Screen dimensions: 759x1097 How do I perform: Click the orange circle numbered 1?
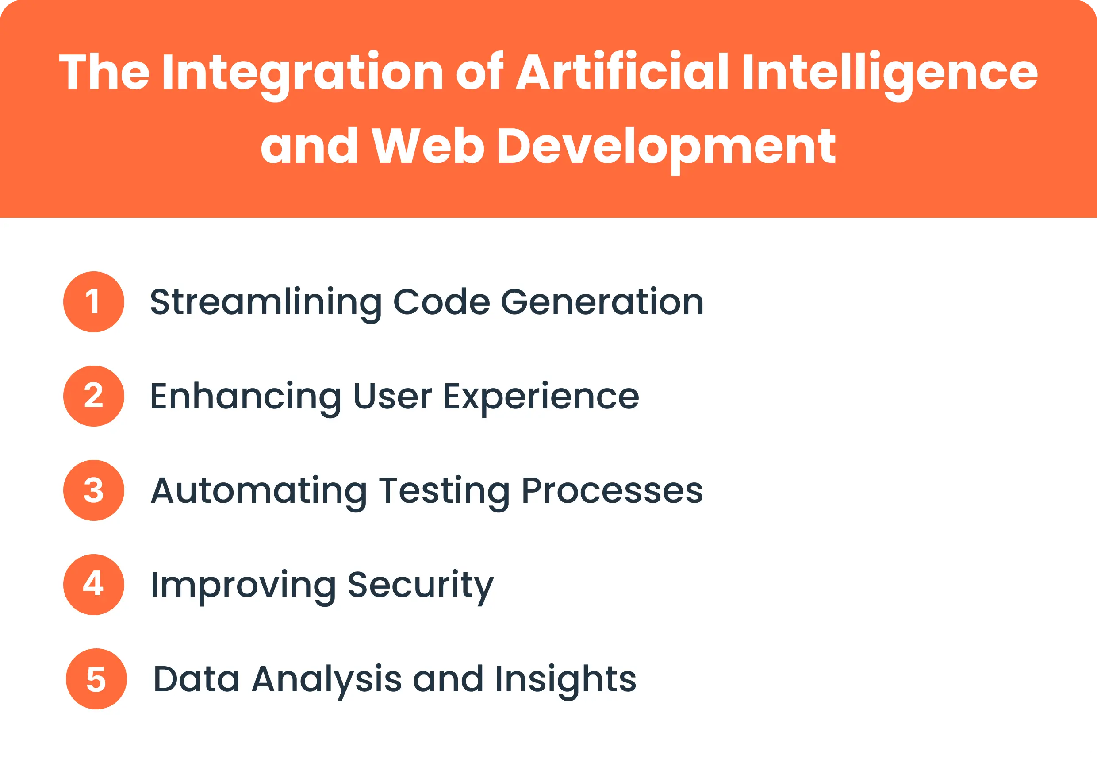[x=94, y=301]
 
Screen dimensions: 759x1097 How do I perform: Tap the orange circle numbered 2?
[x=94, y=396]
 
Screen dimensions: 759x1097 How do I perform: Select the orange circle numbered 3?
[x=94, y=490]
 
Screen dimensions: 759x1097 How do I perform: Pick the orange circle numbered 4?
[x=94, y=585]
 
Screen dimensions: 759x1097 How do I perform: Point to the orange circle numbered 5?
[x=96, y=678]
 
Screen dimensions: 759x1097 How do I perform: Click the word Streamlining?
[x=266, y=302]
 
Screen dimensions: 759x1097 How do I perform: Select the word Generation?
[x=602, y=302]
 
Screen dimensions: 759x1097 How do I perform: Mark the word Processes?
[x=612, y=491]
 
